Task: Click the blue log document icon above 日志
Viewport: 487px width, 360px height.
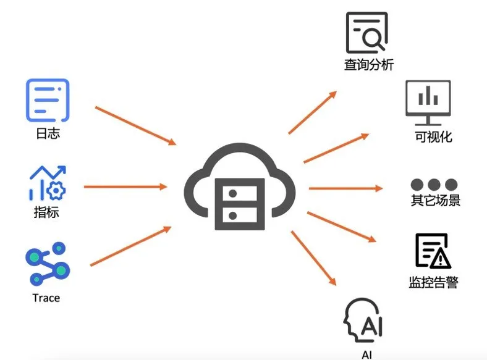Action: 48,100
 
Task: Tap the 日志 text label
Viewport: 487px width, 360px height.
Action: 48,133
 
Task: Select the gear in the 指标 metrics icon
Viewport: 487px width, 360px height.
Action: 56,190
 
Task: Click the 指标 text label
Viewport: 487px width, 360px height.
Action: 46,212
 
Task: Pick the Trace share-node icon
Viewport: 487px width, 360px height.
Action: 48,264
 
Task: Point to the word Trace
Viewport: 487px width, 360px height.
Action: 46,298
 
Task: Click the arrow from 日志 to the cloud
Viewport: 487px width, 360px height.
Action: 136,126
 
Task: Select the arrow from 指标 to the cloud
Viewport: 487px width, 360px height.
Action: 126,187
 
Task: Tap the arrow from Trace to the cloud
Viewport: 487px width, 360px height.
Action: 131,246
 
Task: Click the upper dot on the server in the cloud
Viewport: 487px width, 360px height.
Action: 232,194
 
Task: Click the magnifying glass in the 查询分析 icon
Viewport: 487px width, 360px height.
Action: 373,39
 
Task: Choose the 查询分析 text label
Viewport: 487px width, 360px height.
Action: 369,65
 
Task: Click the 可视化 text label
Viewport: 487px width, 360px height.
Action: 434,136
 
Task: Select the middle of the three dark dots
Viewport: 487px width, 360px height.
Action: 434,185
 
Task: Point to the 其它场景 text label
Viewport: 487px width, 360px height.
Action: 436,200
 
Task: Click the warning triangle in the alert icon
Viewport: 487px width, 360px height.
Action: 441,258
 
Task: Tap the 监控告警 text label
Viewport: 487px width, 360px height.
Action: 434,282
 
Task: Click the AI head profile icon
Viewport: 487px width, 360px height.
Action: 362,320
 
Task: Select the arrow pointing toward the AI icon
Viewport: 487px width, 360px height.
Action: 314,258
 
